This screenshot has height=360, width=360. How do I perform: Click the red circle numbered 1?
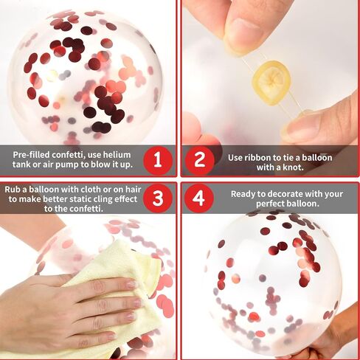click(x=158, y=161)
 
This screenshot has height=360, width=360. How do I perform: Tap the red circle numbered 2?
click(x=199, y=161)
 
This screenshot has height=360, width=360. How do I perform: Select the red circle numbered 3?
click(x=158, y=198)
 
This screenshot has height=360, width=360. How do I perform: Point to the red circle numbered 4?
click(x=199, y=198)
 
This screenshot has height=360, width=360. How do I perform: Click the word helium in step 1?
click(x=117, y=155)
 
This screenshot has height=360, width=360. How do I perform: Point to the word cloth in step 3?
click(x=91, y=190)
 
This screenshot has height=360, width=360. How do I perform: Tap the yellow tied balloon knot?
click(x=271, y=83)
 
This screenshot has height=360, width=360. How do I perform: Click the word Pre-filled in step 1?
click(x=31, y=155)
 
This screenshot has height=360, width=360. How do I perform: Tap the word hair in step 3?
click(x=133, y=190)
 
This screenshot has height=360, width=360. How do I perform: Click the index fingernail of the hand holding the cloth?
click(x=131, y=285)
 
